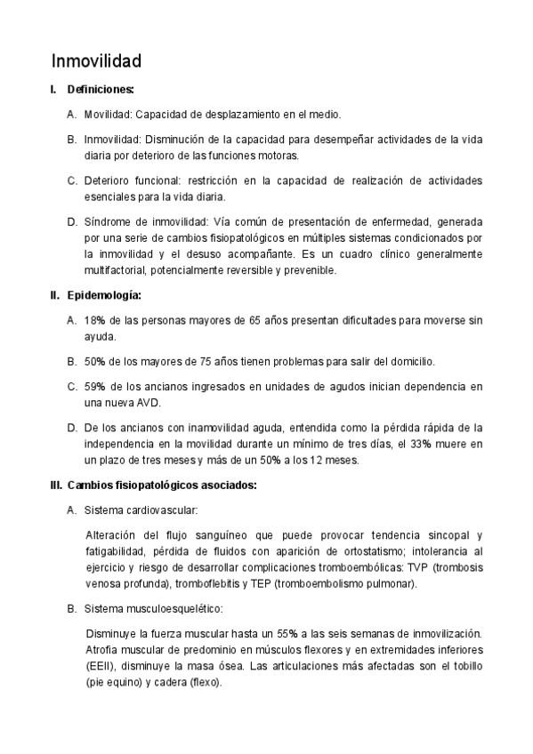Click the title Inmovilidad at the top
(96, 61)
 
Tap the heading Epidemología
(103, 295)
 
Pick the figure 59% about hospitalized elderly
(95, 387)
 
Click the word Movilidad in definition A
(107, 115)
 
